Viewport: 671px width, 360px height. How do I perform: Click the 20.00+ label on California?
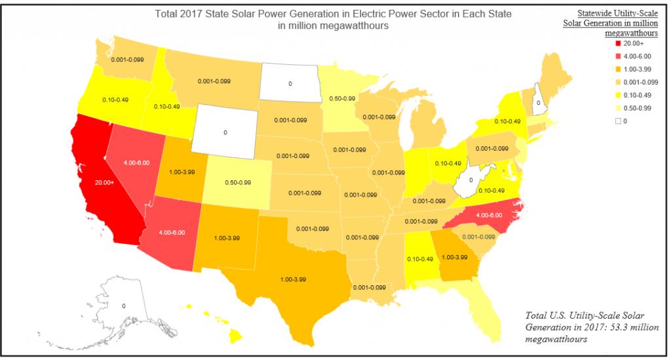pos(104,182)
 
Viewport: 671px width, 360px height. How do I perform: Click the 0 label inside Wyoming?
pos(225,132)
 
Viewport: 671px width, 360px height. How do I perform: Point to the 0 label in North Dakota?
pos(290,84)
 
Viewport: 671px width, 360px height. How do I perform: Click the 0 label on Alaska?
pos(123,306)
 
